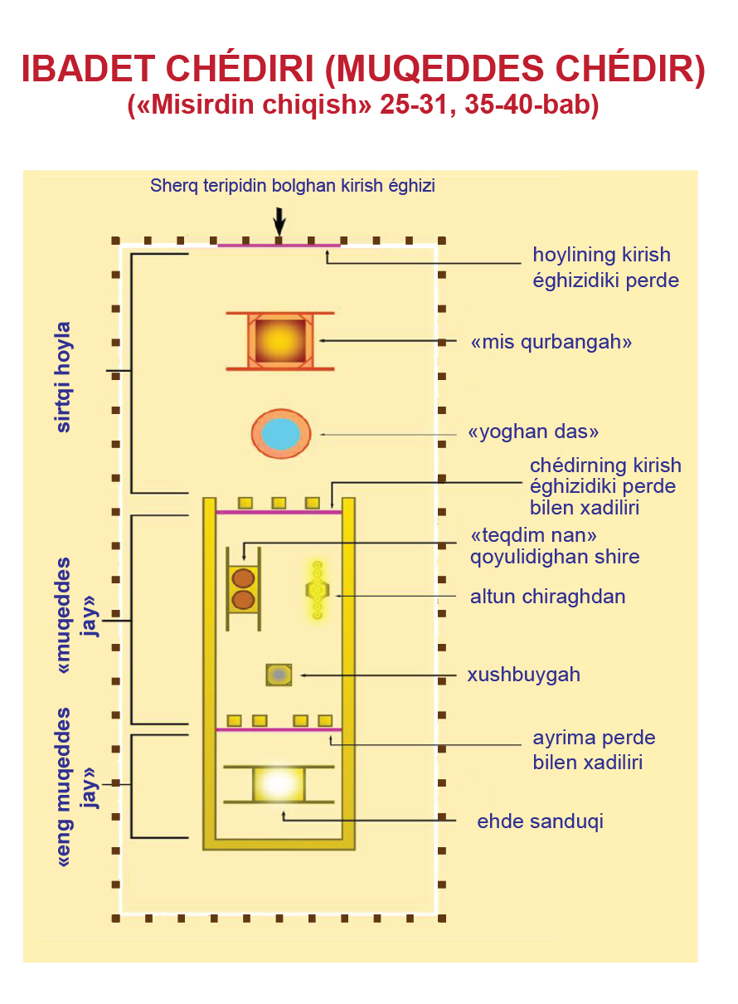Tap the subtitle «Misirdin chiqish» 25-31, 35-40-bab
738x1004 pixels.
click(x=363, y=107)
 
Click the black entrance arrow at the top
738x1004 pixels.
click(x=279, y=221)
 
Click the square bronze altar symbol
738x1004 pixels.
click(x=280, y=340)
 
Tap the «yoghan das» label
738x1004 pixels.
click(x=533, y=432)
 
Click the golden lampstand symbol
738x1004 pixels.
click(x=317, y=590)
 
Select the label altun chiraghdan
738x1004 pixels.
click(x=547, y=597)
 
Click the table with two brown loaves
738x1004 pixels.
click(x=243, y=588)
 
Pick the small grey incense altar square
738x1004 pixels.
click(x=279, y=675)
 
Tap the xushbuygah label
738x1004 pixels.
click(x=523, y=675)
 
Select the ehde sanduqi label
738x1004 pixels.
click(x=540, y=821)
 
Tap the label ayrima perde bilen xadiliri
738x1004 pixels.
click(x=594, y=750)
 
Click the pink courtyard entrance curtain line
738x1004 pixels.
click(x=279, y=246)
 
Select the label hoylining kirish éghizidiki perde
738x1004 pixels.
click(x=605, y=267)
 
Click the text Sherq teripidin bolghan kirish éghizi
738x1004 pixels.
click(x=293, y=186)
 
